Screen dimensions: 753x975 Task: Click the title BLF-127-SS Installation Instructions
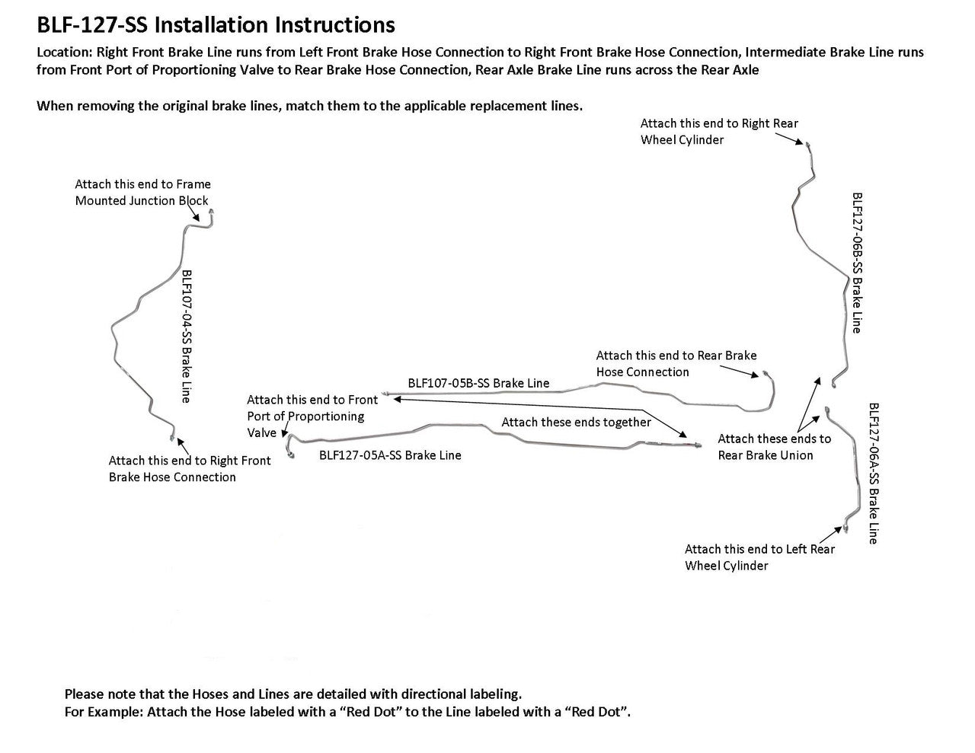[216, 25]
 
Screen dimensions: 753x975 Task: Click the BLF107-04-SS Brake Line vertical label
[185, 336]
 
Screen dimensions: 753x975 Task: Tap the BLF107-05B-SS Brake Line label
[478, 383]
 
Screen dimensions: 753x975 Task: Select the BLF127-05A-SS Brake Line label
[390, 455]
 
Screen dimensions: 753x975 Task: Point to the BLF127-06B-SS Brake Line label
[857, 262]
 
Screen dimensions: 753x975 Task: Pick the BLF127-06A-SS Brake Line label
[874, 473]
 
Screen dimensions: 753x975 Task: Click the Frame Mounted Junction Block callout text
[142, 193]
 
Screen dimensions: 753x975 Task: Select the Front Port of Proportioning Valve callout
[312, 416]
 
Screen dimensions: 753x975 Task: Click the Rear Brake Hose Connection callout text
[676, 363]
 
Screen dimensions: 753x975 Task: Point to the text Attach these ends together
[576, 422]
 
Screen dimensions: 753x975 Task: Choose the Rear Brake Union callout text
[774, 447]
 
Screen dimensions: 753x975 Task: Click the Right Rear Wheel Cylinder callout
[719, 132]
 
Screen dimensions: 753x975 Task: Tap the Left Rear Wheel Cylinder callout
[759, 557]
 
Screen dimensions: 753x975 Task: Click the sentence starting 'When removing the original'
[309, 106]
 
